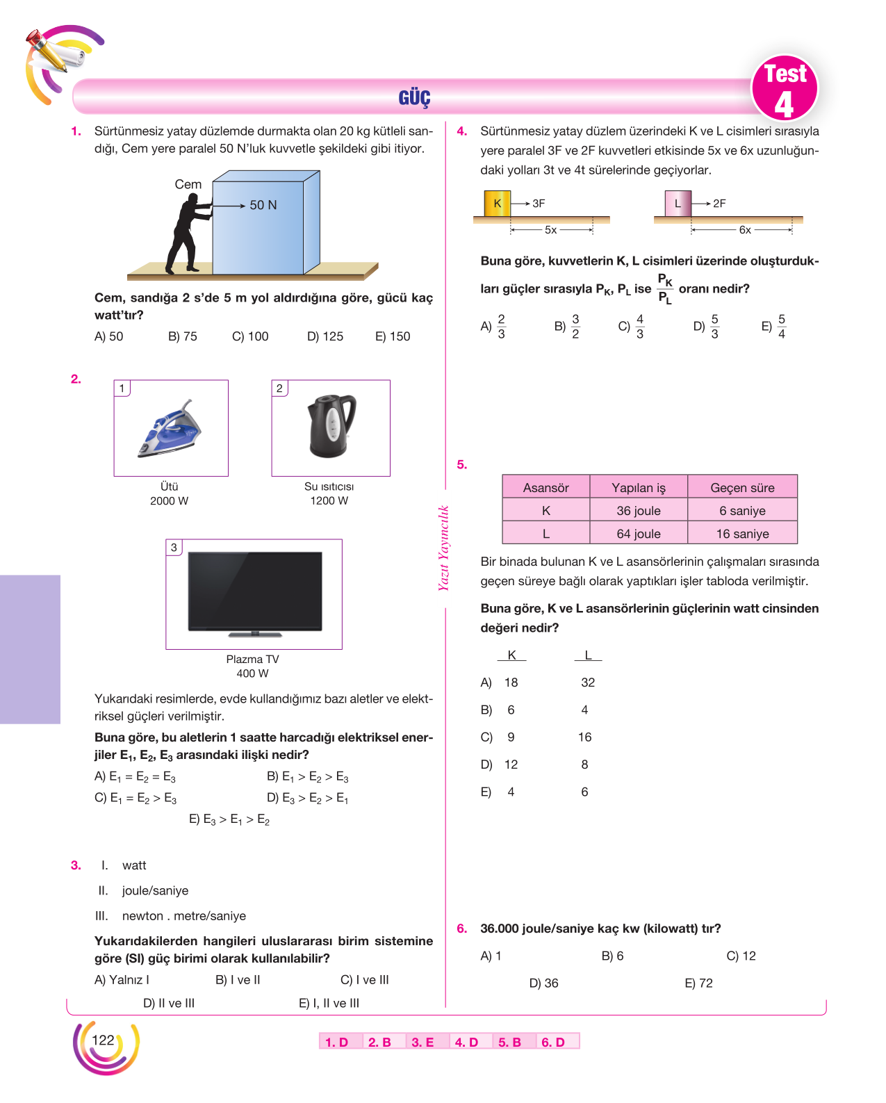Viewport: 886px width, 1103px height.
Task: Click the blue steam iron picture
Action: click(x=170, y=429)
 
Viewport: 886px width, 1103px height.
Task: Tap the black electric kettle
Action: click(x=331, y=425)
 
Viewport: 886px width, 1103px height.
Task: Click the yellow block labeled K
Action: click(x=497, y=204)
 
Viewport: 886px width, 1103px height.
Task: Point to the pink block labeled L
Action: click(x=678, y=204)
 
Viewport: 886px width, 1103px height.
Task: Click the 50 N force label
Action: click(x=263, y=205)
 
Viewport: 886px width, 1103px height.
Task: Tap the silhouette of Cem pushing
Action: click(x=188, y=234)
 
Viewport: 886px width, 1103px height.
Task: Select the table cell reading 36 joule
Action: click(x=638, y=511)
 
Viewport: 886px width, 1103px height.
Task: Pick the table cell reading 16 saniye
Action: click(x=742, y=534)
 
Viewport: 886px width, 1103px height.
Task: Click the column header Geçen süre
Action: click(x=742, y=487)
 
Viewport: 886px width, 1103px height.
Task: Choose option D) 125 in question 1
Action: click(x=325, y=337)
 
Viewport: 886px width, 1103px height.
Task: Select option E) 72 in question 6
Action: click(x=698, y=983)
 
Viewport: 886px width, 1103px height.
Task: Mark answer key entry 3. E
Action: click(x=423, y=1042)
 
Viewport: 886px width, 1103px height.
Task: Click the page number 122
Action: click(x=103, y=1040)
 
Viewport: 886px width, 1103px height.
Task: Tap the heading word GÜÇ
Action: click(x=415, y=97)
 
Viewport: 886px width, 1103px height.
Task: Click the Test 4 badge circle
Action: click(x=784, y=88)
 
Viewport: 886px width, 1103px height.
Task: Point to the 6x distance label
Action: click(x=744, y=230)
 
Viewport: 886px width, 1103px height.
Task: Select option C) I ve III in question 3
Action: click(x=364, y=980)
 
